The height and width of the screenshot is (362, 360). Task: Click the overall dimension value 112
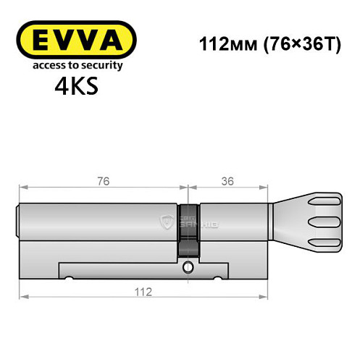click(x=142, y=292)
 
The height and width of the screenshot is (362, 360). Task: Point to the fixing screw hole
click(x=188, y=268)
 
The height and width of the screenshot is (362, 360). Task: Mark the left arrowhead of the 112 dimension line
click(x=22, y=297)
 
